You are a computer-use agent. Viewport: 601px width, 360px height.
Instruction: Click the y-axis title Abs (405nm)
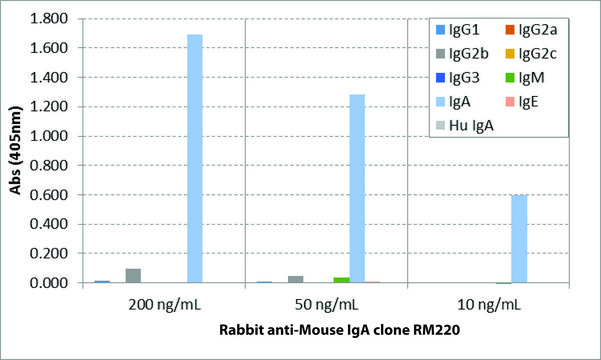point(15,150)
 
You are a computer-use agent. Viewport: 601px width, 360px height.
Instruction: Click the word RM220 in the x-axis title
point(456,336)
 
